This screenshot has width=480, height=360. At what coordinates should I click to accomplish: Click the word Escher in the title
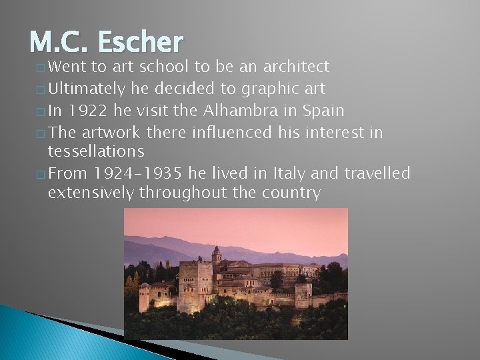tap(139, 43)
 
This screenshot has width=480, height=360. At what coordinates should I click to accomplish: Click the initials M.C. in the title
tap(59, 43)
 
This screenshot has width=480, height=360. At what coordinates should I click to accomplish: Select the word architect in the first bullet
tap(297, 66)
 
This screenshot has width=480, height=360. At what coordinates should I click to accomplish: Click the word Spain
tap(323, 111)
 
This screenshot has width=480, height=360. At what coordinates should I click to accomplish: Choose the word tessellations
tap(96, 152)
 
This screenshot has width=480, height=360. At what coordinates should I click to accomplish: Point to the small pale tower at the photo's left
tap(144, 297)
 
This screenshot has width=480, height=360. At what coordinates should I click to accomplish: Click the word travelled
tap(377, 174)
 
